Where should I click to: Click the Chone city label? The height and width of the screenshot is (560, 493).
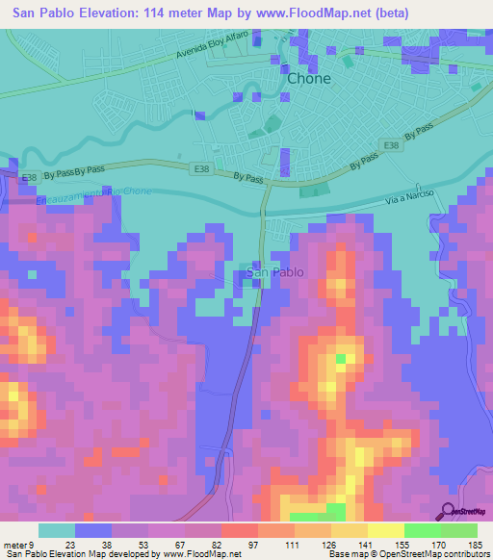[x=308, y=79]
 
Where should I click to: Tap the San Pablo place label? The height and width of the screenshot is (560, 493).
[x=275, y=272]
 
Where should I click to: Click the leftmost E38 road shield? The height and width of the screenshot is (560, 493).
[x=31, y=177]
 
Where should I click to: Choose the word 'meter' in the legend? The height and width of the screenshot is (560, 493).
[x=18, y=544]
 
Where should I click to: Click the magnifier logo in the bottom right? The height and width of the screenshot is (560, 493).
[x=449, y=511]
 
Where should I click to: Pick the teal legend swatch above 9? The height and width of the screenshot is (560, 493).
[x=57, y=530]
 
